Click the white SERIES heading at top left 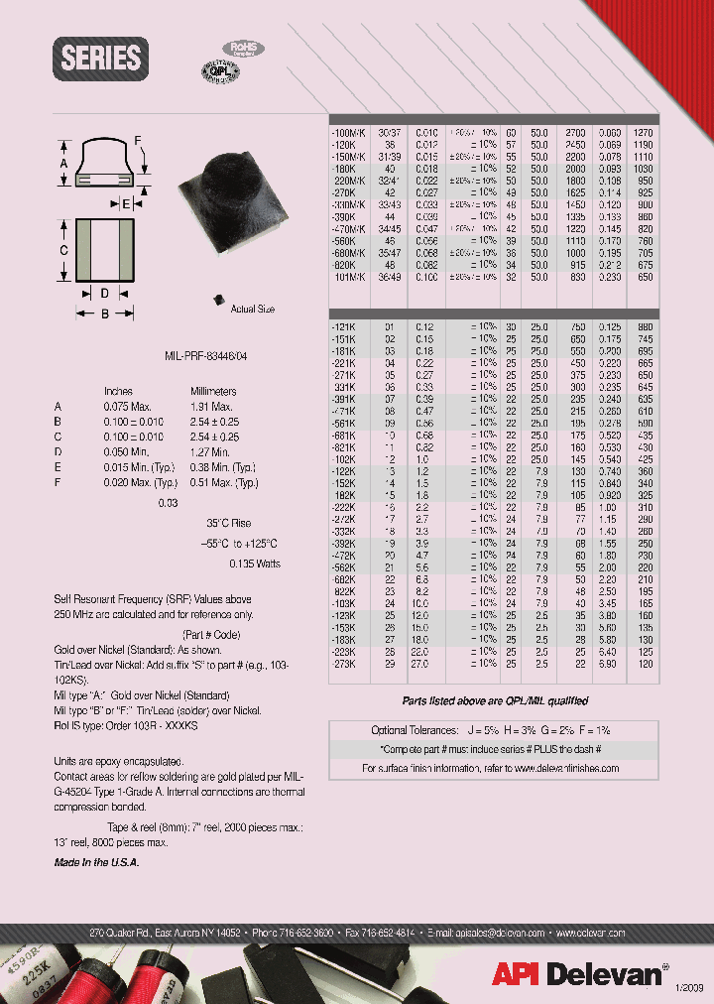(101, 58)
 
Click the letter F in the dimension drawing (138, 140)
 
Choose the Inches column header (118, 392)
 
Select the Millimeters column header (212, 392)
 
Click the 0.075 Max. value (125, 407)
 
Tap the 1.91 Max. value (210, 407)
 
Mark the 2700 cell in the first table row (577, 132)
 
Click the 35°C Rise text (228, 523)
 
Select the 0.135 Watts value (255, 565)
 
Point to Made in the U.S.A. (96, 863)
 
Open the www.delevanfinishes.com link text (564, 768)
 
